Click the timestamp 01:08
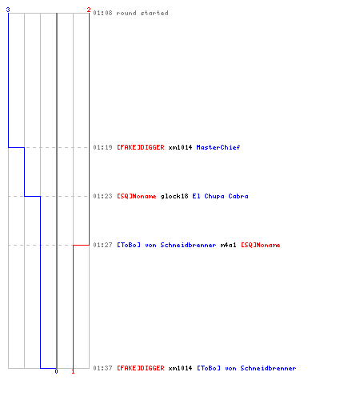(x=102, y=13)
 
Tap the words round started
(x=142, y=13)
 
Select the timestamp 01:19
(x=102, y=147)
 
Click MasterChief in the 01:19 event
(x=218, y=147)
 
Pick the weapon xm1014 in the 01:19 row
(x=180, y=147)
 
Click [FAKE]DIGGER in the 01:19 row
(x=141, y=147)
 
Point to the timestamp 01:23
(x=102, y=196)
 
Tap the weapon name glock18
(x=174, y=196)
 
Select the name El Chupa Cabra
(x=220, y=196)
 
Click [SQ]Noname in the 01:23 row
(x=137, y=196)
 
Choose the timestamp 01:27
(x=102, y=245)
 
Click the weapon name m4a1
(x=228, y=245)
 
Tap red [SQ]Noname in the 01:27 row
(x=261, y=245)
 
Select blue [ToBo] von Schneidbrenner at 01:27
(x=166, y=245)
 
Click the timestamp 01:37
(x=102, y=368)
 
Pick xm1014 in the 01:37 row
(x=180, y=368)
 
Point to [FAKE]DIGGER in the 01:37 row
(x=141, y=368)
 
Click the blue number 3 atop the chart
(x=8, y=10)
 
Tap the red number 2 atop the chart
(x=89, y=10)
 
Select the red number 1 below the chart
(x=73, y=371)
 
